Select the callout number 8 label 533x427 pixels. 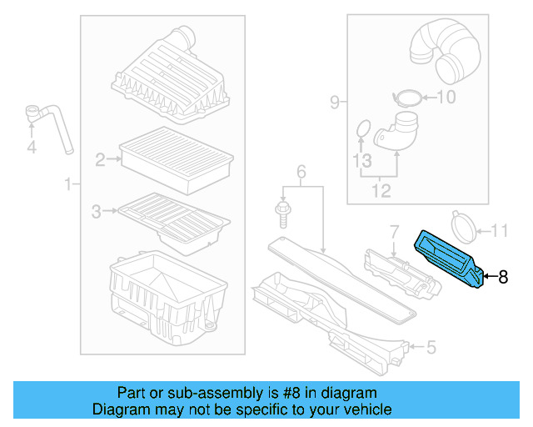point(502,278)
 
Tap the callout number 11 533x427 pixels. point(497,230)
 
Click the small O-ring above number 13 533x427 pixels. point(363,128)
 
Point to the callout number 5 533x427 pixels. point(431,346)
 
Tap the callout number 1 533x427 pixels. point(67,183)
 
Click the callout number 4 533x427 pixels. point(32,148)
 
